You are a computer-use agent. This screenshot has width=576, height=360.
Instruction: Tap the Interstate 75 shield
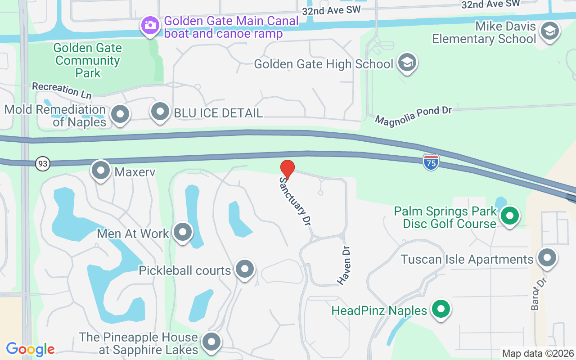(x=431, y=162)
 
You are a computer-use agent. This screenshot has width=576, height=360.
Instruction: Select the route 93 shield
(x=43, y=163)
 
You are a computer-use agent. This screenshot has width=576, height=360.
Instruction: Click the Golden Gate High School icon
(x=407, y=63)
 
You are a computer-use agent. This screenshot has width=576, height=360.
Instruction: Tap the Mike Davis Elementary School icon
(x=549, y=31)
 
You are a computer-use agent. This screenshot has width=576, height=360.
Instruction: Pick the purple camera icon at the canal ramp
(x=150, y=25)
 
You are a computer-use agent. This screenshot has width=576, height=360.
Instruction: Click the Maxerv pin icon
(x=101, y=171)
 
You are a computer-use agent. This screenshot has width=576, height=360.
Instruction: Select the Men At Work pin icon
(x=183, y=233)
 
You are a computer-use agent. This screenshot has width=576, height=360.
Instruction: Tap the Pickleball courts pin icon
(x=245, y=270)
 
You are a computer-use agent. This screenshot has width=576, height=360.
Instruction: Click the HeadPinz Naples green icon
(x=441, y=310)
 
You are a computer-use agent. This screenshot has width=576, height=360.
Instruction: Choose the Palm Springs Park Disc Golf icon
(x=510, y=216)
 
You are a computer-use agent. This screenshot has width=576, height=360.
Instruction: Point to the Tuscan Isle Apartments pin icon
(x=547, y=258)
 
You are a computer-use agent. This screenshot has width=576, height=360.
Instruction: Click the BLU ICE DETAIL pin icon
(x=160, y=112)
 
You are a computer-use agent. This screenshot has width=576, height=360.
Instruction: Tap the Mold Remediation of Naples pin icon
(x=120, y=114)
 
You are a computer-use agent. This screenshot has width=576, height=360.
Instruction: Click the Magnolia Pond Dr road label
(x=413, y=115)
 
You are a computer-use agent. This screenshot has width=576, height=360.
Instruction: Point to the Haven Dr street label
(x=344, y=265)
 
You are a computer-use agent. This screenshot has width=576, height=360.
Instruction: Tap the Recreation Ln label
(x=62, y=90)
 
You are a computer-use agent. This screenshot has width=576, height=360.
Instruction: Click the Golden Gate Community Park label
(x=88, y=60)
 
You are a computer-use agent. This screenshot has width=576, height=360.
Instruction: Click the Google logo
(x=30, y=349)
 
